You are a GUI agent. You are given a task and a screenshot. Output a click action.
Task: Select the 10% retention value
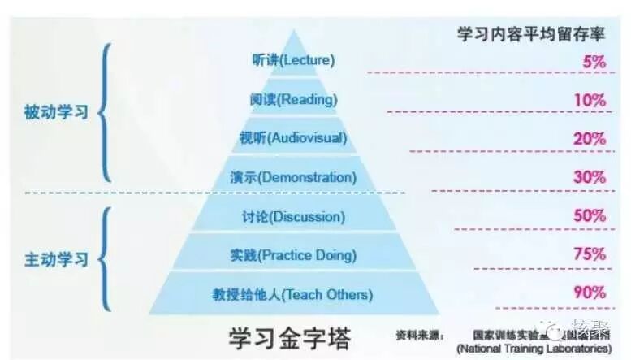[x=590, y=100]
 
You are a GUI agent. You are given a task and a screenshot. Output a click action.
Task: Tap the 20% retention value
[x=590, y=138]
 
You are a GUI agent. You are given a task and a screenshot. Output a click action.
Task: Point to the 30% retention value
[x=590, y=177]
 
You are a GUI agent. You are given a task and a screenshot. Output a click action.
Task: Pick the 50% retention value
[x=590, y=215]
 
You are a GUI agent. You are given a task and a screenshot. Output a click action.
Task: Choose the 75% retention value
[x=590, y=254]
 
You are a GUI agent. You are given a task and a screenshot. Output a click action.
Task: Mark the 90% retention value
[x=590, y=292]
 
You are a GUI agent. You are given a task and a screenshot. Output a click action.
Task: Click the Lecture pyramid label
[x=293, y=60]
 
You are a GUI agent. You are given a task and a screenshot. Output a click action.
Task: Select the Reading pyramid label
[x=293, y=99]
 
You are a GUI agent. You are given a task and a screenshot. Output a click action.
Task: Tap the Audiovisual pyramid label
[x=293, y=137]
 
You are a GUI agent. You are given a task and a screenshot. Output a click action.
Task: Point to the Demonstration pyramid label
[x=293, y=176]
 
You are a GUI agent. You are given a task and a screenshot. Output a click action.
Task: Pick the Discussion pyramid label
[x=293, y=217]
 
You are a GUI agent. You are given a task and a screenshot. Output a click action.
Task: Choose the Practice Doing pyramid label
[x=293, y=255]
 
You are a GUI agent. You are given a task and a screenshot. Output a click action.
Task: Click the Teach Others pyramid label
[x=293, y=294]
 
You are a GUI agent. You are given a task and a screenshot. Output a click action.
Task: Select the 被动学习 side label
[x=56, y=112]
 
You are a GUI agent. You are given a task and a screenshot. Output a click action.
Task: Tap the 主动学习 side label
[x=56, y=262]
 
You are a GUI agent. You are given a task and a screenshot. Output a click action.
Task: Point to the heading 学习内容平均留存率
[x=532, y=35]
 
